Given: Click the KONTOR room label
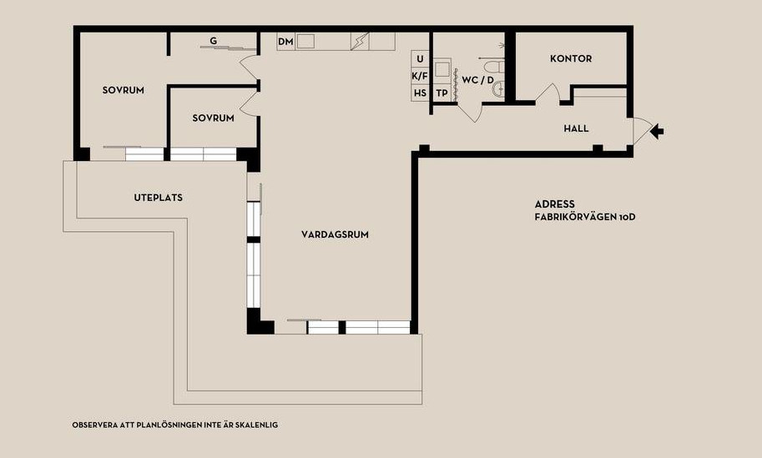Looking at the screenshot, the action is click(x=571, y=58).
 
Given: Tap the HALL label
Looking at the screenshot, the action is click(x=576, y=128).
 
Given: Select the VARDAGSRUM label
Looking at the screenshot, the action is click(x=335, y=234).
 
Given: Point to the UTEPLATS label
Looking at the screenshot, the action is click(x=159, y=198).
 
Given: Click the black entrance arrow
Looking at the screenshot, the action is click(x=657, y=131).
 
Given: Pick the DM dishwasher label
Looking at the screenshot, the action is click(x=285, y=42).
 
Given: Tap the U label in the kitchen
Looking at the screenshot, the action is click(x=421, y=59).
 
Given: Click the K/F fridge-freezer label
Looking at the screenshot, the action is click(x=420, y=76).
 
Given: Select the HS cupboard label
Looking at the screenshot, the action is click(x=420, y=93).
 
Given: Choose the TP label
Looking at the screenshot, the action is click(x=442, y=93).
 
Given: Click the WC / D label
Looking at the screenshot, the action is click(x=477, y=80).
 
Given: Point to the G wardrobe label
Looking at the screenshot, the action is click(x=214, y=41).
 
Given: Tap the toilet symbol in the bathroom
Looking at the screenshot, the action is click(x=495, y=67).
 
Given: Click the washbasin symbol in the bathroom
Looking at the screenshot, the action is click(x=499, y=89).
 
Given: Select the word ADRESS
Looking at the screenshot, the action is click(x=554, y=204).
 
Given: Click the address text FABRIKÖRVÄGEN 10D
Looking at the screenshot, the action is click(x=585, y=217).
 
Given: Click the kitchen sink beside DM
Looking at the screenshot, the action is click(x=305, y=41).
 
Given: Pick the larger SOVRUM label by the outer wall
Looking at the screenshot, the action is click(x=123, y=90).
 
